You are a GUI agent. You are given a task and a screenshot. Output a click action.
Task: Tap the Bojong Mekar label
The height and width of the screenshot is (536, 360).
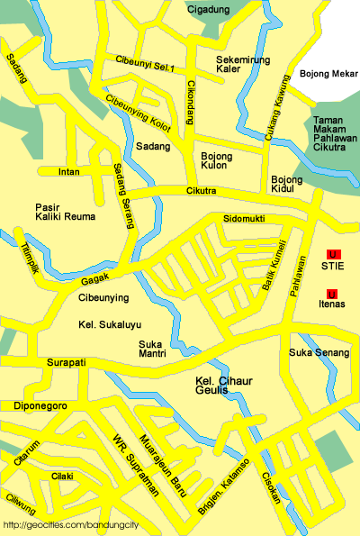328,74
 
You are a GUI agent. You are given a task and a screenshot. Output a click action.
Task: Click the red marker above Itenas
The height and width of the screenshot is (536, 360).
332,295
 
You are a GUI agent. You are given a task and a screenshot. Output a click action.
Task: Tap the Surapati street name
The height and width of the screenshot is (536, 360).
65,362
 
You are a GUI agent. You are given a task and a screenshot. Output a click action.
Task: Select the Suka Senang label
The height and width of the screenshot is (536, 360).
319,352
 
